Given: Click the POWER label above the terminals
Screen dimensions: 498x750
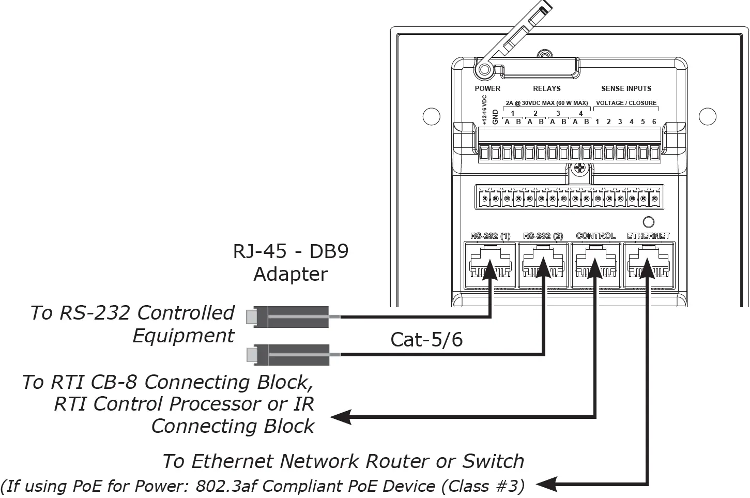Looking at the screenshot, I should (x=487, y=88).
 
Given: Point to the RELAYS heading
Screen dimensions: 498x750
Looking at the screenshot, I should (x=546, y=88).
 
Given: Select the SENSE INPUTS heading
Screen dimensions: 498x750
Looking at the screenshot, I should (x=626, y=88).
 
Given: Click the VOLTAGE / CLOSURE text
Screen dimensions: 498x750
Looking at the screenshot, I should (x=626, y=103).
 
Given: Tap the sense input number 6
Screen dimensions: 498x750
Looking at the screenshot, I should (x=654, y=122).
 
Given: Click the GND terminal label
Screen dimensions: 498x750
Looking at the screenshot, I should (x=495, y=116).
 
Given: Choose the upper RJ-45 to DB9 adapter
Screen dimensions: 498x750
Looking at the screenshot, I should (x=287, y=316).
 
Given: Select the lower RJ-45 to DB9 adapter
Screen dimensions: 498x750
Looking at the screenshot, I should (x=287, y=355).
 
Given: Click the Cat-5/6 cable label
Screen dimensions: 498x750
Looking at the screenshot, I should (x=426, y=340).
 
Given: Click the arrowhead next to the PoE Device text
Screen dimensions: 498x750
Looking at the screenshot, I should (x=546, y=485).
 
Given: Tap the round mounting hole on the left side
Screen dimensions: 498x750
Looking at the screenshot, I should (x=432, y=116).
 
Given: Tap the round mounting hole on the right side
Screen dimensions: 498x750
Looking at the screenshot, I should (x=708, y=116).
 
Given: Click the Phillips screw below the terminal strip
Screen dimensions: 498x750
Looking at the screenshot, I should (x=579, y=169).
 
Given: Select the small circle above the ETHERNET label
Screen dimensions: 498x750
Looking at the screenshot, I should (x=648, y=222).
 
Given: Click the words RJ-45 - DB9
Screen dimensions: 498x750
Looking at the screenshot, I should (x=290, y=251).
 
